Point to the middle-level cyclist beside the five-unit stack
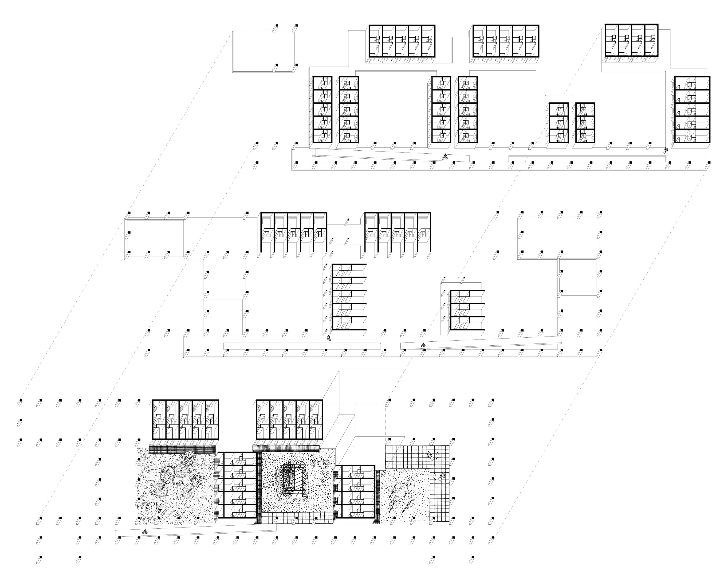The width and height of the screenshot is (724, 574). tap(329, 338)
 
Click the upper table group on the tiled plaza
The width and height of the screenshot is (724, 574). tap(434, 456)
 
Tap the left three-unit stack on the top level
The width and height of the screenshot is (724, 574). tap(559, 122)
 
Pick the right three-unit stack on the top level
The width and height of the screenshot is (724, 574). tap(585, 122)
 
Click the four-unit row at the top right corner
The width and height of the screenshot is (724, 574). tap(631, 40)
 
